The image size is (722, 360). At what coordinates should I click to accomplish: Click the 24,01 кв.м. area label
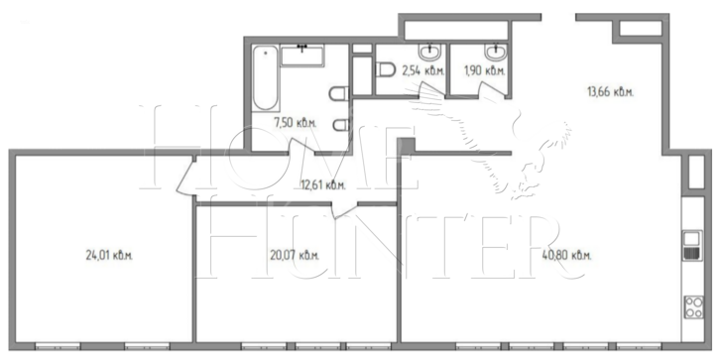[109, 255]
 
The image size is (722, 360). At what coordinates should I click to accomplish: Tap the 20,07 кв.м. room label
[295, 255]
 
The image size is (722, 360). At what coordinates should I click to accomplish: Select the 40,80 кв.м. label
[567, 255]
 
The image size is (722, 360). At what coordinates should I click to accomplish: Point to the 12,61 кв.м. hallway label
[322, 185]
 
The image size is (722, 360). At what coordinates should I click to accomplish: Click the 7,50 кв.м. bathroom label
[296, 123]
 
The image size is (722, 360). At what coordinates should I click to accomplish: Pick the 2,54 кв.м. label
[423, 70]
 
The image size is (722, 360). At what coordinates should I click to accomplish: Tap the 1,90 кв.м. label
[484, 70]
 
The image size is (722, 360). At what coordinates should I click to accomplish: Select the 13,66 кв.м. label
[610, 91]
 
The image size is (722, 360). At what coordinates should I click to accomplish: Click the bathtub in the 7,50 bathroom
[266, 77]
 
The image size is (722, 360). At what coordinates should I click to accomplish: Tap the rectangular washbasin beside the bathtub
[302, 56]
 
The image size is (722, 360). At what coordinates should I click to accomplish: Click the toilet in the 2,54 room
[386, 70]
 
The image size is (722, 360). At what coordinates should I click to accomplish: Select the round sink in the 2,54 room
[430, 52]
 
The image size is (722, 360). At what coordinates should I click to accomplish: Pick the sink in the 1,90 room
[496, 52]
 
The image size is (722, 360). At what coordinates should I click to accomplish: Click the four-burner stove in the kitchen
[693, 307]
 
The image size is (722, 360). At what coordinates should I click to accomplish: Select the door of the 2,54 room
[431, 90]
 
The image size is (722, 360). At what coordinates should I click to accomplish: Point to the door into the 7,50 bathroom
[301, 148]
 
